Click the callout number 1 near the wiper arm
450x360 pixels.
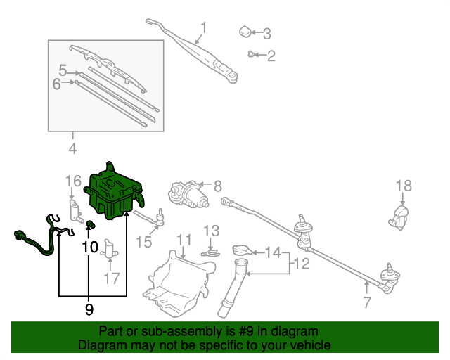[204, 28]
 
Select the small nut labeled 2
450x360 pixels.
[251, 54]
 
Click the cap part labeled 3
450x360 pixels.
[244, 31]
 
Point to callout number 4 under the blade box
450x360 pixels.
[72, 148]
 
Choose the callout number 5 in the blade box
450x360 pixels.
[63, 71]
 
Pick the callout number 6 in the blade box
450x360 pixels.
[57, 84]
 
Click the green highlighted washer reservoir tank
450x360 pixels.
[115, 190]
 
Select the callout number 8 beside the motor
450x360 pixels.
[217, 186]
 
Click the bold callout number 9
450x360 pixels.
[89, 308]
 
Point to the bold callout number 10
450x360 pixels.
[90, 247]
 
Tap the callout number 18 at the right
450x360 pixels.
[403, 186]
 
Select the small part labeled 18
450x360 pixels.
[399, 216]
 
